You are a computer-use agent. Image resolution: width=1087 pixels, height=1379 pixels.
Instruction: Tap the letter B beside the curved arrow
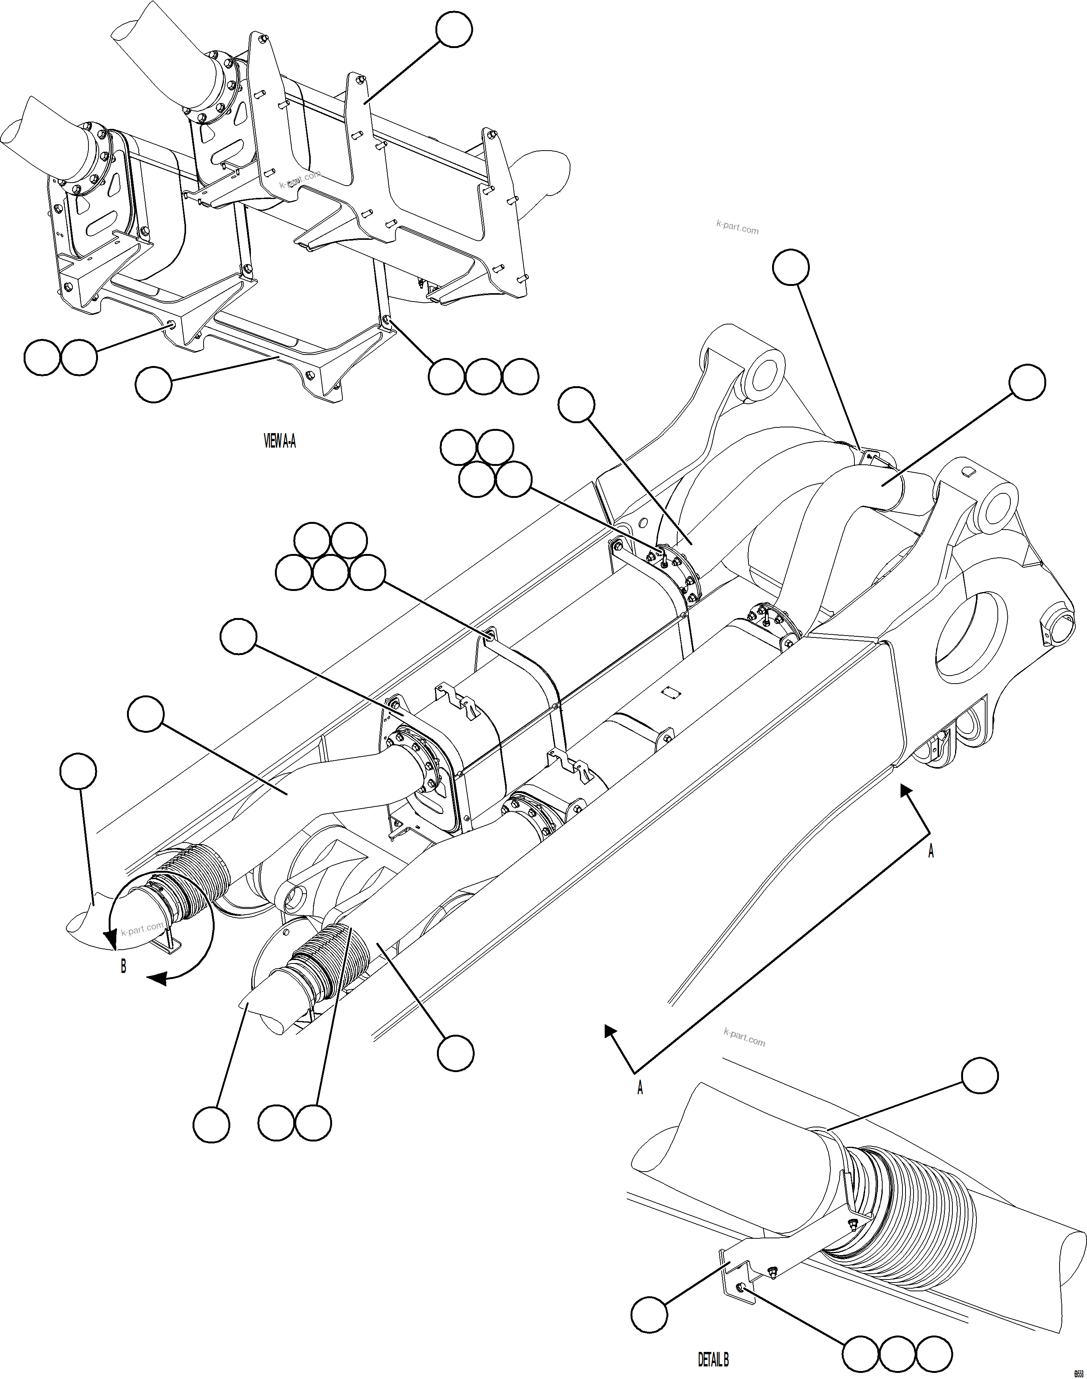coord(124,966)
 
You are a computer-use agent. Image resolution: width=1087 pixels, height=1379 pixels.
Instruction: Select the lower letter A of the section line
coord(640,1088)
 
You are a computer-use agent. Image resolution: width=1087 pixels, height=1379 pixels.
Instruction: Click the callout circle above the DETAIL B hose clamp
coord(979,1076)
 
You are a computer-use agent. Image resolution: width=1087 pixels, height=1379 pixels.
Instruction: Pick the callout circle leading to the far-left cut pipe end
coord(78,771)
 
